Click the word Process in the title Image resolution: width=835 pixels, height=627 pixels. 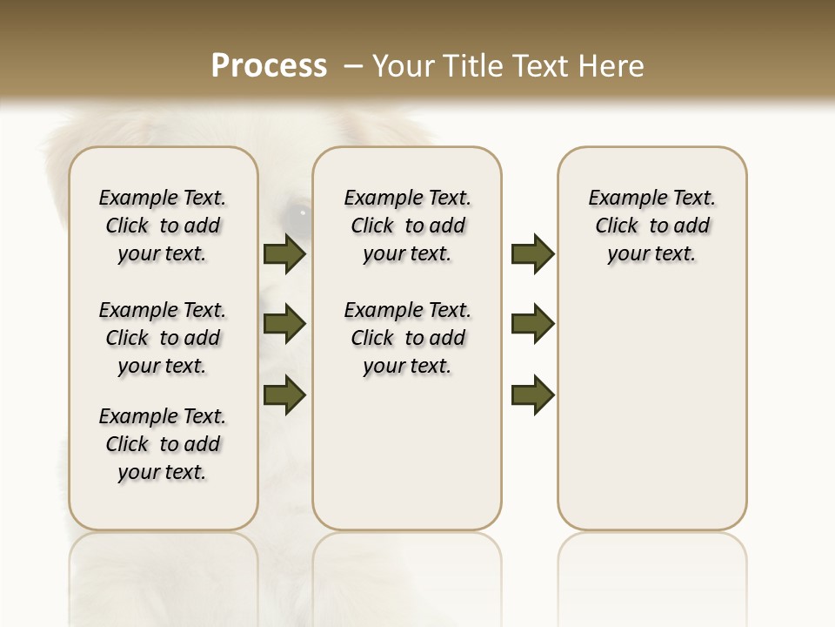pos(269,66)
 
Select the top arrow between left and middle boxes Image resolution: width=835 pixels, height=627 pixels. pos(284,253)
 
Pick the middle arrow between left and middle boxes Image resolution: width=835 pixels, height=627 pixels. pos(284,324)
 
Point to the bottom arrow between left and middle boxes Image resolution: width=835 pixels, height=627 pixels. pos(284,394)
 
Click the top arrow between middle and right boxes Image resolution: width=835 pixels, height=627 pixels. pos(532,253)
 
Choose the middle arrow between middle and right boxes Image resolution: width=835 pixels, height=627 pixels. pos(532,324)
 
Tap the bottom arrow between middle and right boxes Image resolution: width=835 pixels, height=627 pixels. pos(532,394)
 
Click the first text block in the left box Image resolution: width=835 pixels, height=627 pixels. pos(163,226)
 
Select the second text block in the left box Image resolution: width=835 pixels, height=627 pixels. pos(163,338)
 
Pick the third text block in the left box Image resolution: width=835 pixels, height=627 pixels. pos(163,444)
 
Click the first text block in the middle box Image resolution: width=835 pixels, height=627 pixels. pos(407,226)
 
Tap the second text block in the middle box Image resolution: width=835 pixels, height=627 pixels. pos(407,338)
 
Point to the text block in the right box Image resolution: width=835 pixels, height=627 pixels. pos(652,226)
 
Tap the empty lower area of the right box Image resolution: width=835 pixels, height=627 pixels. pos(652,409)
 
